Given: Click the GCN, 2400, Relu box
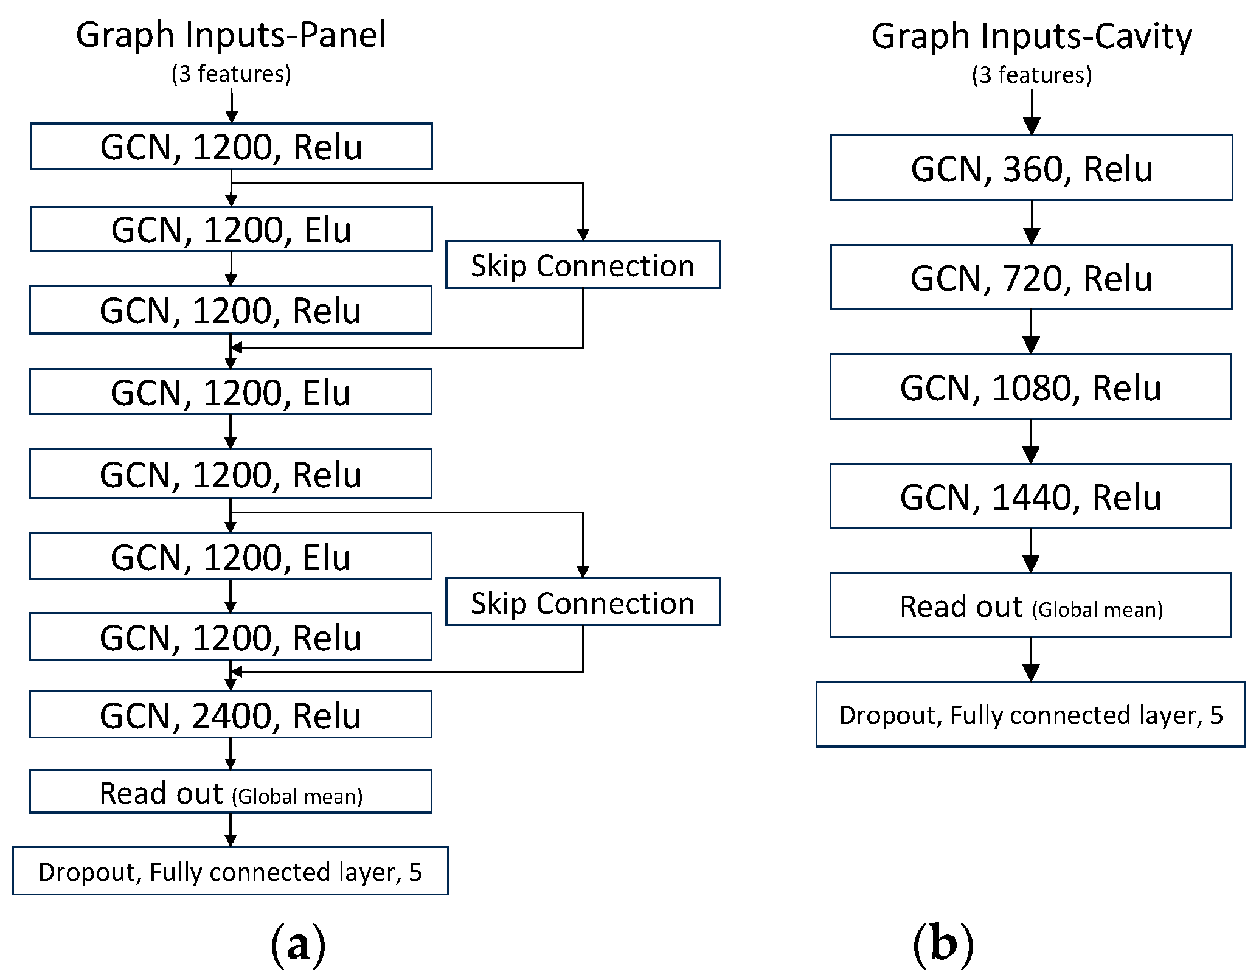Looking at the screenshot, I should [x=231, y=714].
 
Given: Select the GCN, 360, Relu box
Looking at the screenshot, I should [x=1032, y=168].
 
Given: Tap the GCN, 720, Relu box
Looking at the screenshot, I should [x=1032, y=277].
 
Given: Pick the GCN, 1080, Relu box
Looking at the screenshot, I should [x=1031, y=387].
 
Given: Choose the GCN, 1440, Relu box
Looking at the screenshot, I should [x=1031, y=496].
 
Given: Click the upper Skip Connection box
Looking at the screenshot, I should [x=583, y=265].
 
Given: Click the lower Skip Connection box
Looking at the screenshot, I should [x=583, y=602].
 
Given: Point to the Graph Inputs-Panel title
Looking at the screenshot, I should [x=231, y=35].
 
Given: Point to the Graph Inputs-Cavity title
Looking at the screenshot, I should [x=1032, y=36].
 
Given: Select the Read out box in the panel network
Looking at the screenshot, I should [x=231, y=792].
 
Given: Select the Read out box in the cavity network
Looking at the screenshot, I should [x=1031, y=605].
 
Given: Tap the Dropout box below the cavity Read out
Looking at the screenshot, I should [x=1031, y=715].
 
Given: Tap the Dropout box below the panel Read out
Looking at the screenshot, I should [x=231, y=871].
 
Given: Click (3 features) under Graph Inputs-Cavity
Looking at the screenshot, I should [x=1032, y=75].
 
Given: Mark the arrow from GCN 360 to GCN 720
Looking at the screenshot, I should [x=1032, y=223].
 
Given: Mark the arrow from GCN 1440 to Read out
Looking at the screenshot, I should [x=1031, y=551].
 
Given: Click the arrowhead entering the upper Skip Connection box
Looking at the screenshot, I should [x=583, y=235].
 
